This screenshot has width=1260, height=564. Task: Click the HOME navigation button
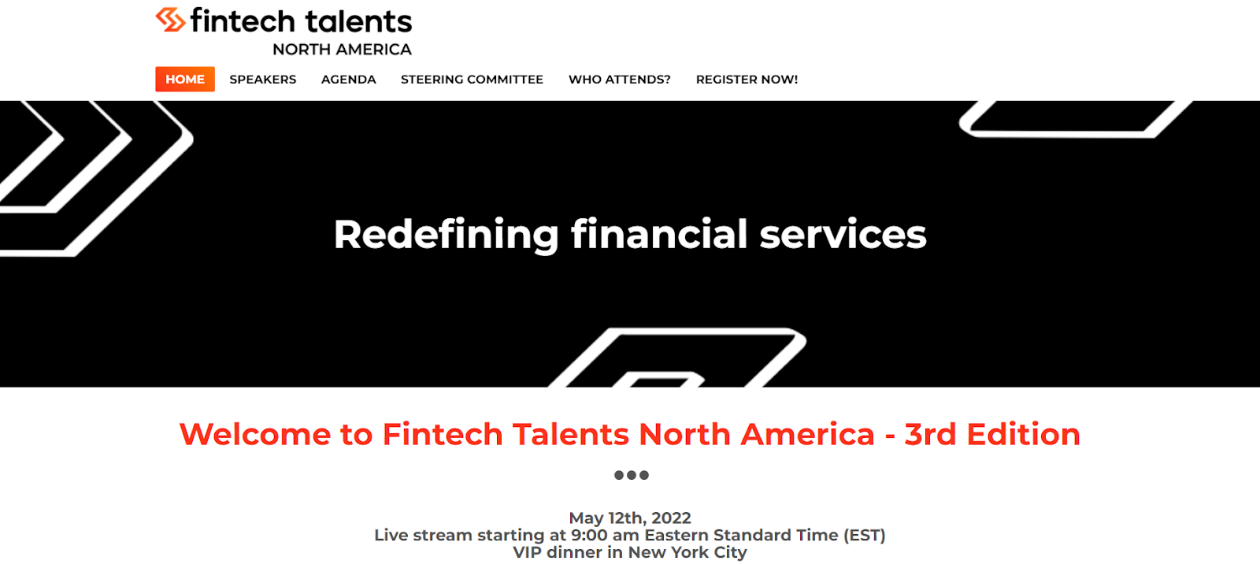pyautogui.click(x=185, y=80)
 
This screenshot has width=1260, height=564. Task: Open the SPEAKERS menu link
pyautogui.click(x=263, y=80)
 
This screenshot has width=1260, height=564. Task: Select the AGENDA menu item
pyautogui.click(x=349, y=80)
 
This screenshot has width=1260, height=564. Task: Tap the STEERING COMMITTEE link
pyautogui.click(x=472, y=80)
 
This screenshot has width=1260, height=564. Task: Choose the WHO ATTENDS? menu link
pyautogui.click(x=619, y=80)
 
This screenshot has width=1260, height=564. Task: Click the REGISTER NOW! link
pyautogui.click(x=747, y=80)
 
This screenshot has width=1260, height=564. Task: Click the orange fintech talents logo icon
pyautogui.click(x=170, y=20)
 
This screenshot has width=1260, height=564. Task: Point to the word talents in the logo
pyautogui.click(x=359, y=21)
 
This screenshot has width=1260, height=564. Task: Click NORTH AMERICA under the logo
pyautogui.click(x=342, y=50)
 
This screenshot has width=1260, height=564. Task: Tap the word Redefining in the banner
pyautogui.click(x=446, y=235)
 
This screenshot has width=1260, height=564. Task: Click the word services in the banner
pyautogui.click(x=843, y=235)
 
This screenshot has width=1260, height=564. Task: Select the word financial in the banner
pyautogui.click(x=659, y=234)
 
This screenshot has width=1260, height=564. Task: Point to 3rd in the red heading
pyautogui.click(x=930, y=435)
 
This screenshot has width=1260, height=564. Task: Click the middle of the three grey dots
pyautogui.click(x=631, y=475)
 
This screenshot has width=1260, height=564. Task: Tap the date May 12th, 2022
pyautogui.click(x=630, y=518)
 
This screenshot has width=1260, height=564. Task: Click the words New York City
pyautogui.click(x=687, y=552)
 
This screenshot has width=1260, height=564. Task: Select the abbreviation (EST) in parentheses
pyautogui.click(x=864, y=535)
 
